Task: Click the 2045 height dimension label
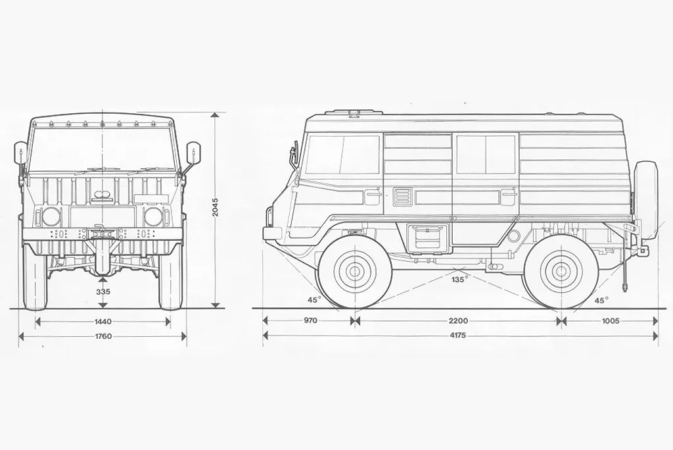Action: coord(215,209)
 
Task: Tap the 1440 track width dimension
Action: coord(103,322)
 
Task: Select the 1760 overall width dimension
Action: coord(103,336)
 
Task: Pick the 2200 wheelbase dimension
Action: coord(458,321)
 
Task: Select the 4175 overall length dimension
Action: coord(458,336)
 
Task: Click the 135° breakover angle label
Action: coord(459,278)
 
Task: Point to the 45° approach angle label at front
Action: coord(314,300)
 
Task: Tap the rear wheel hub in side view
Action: coord(560,270)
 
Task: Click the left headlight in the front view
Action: coord(51,216)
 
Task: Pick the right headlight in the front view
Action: coord(154,216)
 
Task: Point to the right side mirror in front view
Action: coord(194,154)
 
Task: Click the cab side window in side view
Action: coord(343,155)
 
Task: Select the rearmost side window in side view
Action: coord(486,155)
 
